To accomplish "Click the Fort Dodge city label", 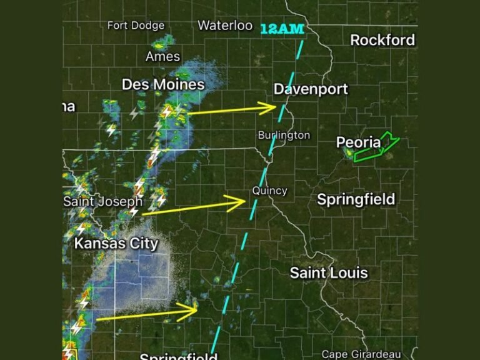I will pos(136,26).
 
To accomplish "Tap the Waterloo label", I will pos(225,26).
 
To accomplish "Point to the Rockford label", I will pos(382,40).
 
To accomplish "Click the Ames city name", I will pos(162,57).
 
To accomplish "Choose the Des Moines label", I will pos(163,84).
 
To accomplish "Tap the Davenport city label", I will pos(311,89).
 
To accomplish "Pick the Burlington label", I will pos(284,135).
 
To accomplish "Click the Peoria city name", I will pos(358,143).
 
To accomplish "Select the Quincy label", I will pos(269,191).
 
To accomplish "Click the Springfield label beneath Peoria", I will pos(356,199).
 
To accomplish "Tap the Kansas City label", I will pos(116,243).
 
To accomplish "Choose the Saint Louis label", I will pos(329,273).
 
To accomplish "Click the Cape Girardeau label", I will pos(361,354).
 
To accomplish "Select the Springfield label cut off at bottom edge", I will pos(178,357).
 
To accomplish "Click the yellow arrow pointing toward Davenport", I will pos(231,110).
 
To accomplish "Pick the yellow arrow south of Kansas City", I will pos(147,314).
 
